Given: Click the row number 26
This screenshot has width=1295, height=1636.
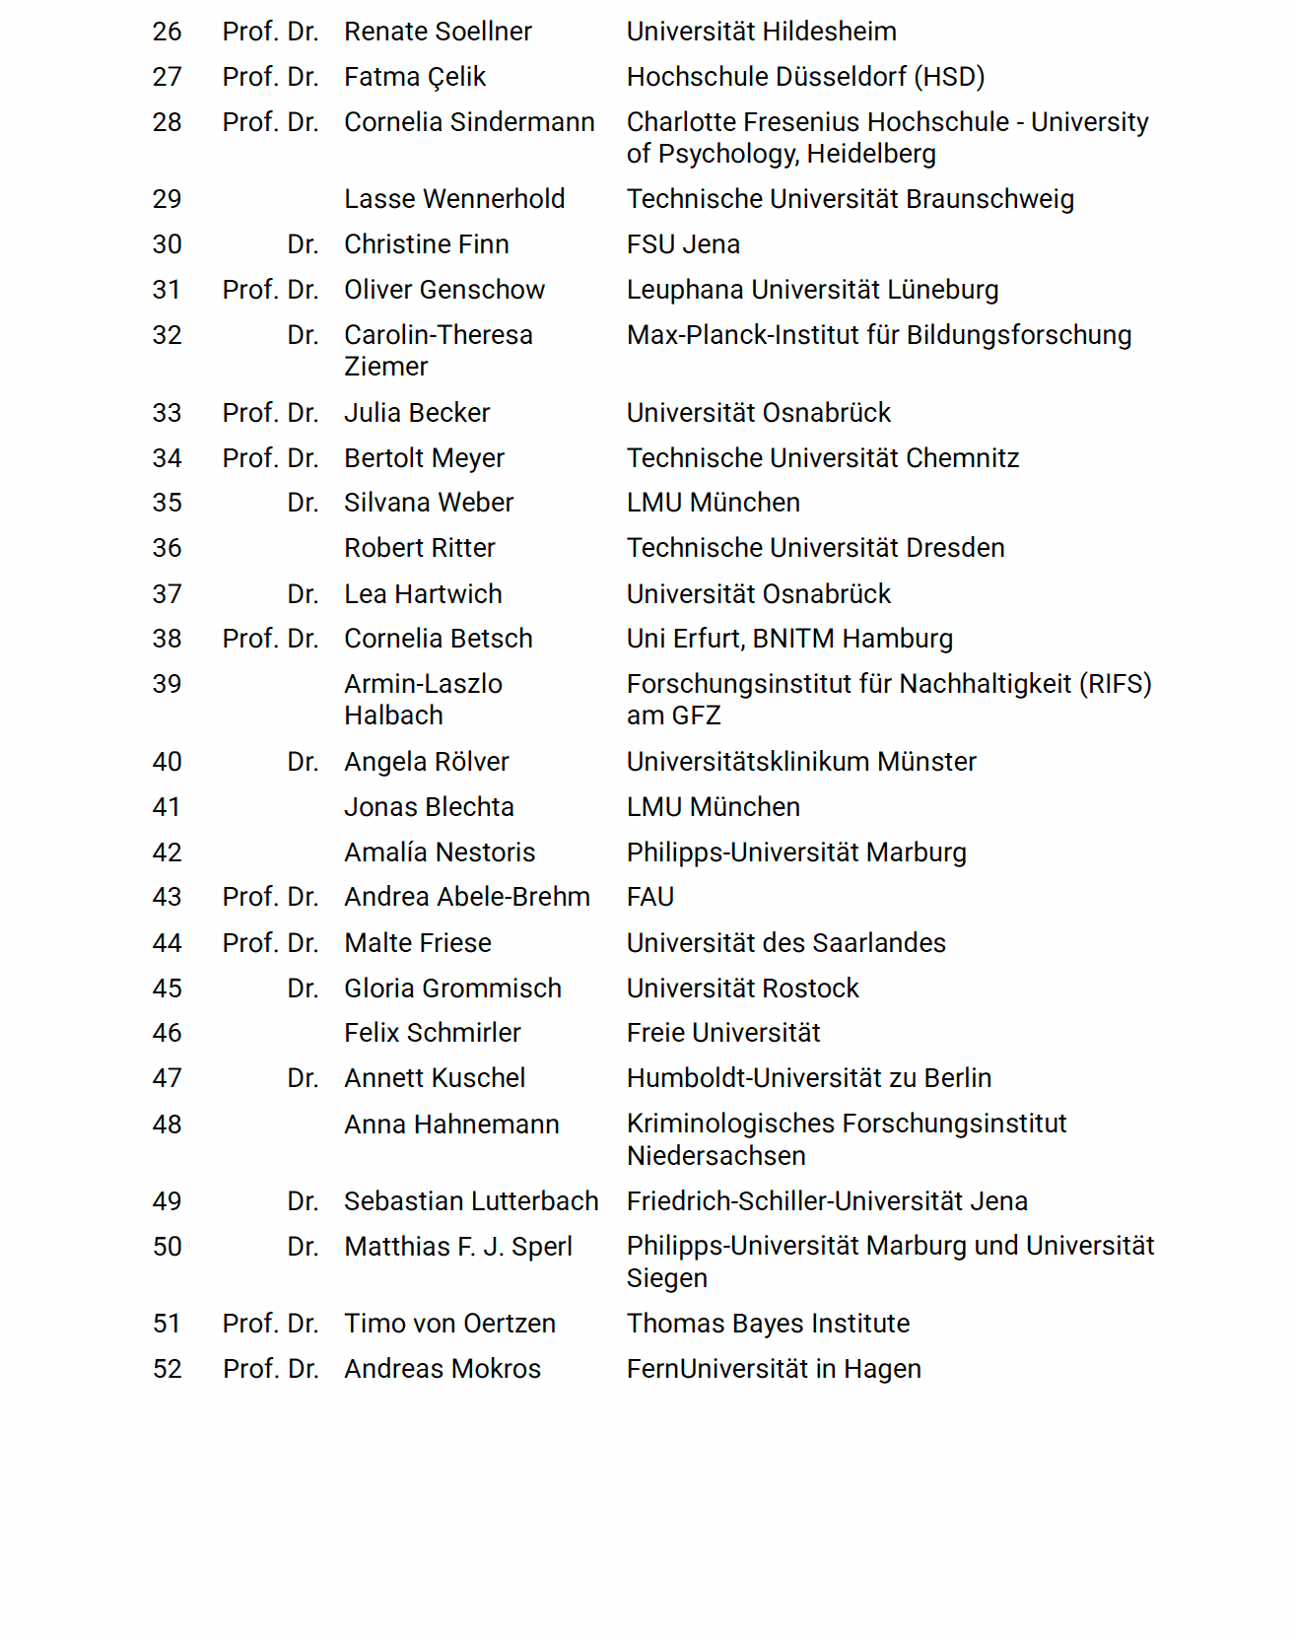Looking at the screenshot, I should click(167, 32).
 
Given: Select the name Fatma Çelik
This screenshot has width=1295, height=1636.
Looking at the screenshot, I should click(415, 77).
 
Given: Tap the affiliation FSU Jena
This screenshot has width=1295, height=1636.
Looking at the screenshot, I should click(683, 244).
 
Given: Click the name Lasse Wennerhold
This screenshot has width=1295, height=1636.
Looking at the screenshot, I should click(454, 199).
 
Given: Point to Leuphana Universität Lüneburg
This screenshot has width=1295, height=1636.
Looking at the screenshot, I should click(812, 290).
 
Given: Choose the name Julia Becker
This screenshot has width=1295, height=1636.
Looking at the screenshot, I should click(417, 413).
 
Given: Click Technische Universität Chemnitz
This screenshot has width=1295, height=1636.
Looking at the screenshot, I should click(823, 458).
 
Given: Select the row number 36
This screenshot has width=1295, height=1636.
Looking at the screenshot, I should click(167, 548).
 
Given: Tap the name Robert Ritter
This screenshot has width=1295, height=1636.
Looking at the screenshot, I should click(420, 548).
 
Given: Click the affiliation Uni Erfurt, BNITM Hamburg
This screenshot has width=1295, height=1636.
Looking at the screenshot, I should click(789, 639).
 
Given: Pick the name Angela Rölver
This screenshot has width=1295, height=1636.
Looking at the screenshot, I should click(427, 762).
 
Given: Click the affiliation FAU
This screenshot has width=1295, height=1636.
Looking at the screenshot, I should click(650, 897).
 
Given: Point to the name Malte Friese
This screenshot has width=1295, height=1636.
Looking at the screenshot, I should click(418, 943).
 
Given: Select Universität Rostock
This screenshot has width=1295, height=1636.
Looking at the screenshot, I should click(743, 988).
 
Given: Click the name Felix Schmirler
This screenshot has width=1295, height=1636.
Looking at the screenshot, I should click(433, 1033).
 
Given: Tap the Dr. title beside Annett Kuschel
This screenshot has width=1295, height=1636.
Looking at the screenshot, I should click(303, 1078).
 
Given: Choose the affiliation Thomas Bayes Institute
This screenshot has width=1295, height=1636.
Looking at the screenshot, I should click(768, 1324).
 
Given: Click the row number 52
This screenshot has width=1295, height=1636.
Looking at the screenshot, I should click(167, 1369).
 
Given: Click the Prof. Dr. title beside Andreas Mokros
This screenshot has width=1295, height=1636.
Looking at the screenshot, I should click(270, 1369).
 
